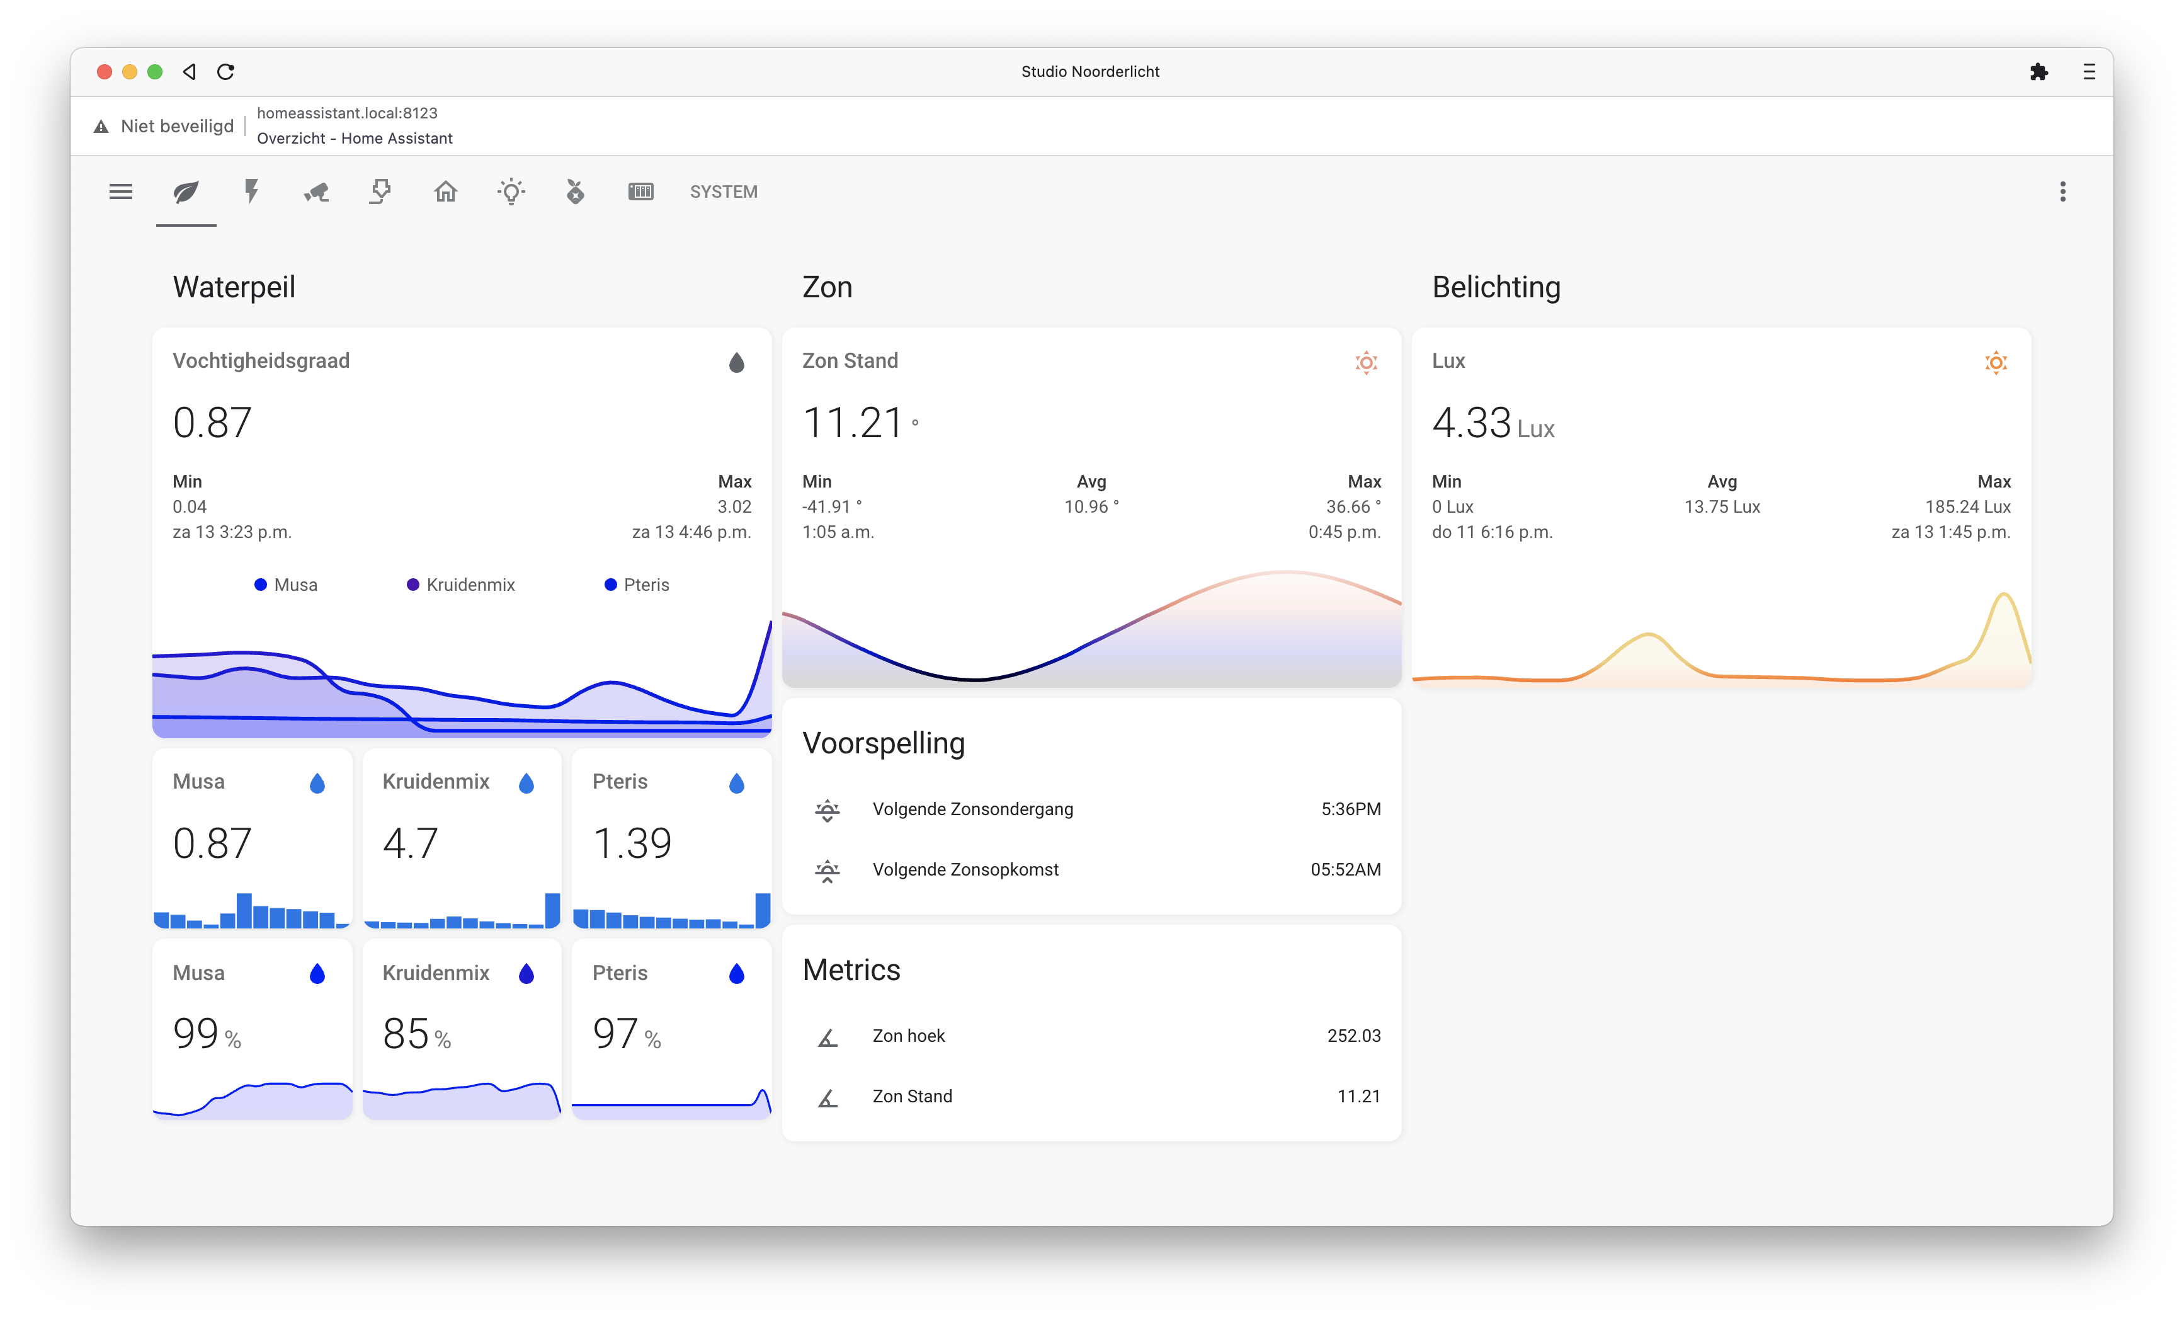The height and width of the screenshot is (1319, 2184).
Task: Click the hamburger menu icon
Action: point(120,191)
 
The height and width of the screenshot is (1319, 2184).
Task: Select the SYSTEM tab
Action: point(723,191)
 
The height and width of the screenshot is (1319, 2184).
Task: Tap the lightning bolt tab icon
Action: point(252,191)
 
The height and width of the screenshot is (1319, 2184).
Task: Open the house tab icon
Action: point(446,191)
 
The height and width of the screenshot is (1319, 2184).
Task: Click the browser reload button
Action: point(226,72)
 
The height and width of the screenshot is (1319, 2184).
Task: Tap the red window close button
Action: point(105,72)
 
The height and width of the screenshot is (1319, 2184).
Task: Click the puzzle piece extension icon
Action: point(2039,72)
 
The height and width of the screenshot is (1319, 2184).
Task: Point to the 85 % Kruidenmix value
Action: point(417,1034)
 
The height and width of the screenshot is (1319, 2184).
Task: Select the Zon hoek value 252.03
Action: point(1353,1036)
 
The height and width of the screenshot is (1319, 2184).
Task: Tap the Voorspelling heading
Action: point(884,743)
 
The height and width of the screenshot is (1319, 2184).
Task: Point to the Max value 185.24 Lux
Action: point(1968,507)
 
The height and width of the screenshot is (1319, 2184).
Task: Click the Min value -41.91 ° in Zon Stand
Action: point(831,507)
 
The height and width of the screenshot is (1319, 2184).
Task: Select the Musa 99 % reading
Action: point(207,1034)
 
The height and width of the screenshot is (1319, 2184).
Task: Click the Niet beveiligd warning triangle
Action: point(101,127)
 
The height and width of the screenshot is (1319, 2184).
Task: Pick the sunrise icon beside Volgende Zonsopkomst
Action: point(827,871)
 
